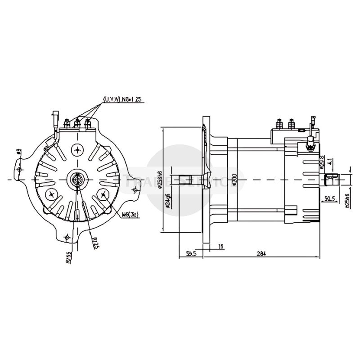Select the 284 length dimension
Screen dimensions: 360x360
click(x=261, y=253)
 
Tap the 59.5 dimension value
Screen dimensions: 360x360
click(x=191, y=253)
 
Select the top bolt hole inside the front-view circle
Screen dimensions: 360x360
click(x=79, y=150)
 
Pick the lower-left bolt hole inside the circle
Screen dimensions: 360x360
click(x=53, y=194)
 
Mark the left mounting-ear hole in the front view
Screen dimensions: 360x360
click(x=18, y=169)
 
